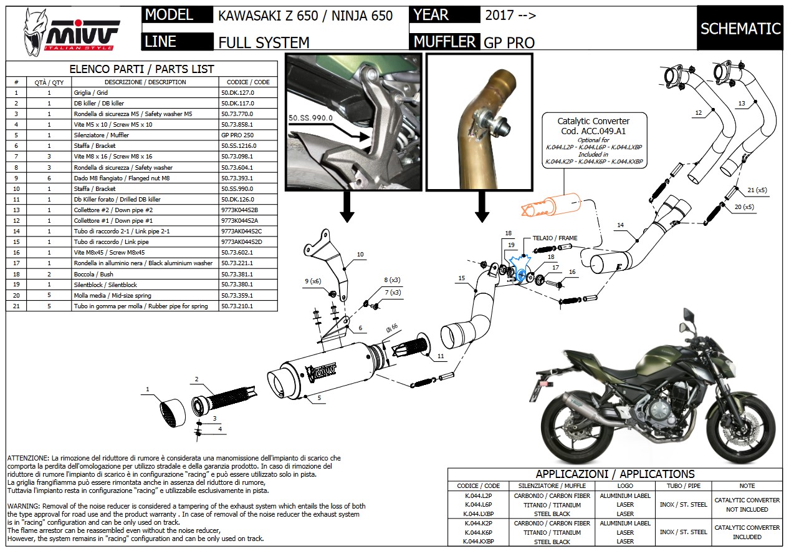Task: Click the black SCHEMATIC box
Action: (740, 29)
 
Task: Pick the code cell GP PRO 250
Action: (239, 135)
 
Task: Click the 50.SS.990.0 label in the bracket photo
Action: (310, 117)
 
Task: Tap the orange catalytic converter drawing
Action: (548, 206)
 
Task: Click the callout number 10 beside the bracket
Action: (360, 255)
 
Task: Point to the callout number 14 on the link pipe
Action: (620, 225)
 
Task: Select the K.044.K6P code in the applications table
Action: (478, 532)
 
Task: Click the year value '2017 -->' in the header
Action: (510, 16)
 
